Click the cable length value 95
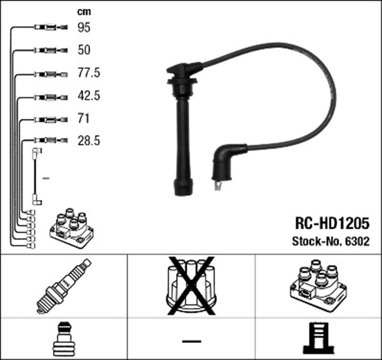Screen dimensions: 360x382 point(84,27)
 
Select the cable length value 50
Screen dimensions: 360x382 point(84,50)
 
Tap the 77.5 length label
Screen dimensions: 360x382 point(88,73)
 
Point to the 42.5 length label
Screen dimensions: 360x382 point(88,96)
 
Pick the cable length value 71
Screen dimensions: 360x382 point(83,118)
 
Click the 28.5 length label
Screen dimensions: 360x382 point(88,141)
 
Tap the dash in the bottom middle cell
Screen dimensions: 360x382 point(191,340)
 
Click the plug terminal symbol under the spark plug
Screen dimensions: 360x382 point(63,339)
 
